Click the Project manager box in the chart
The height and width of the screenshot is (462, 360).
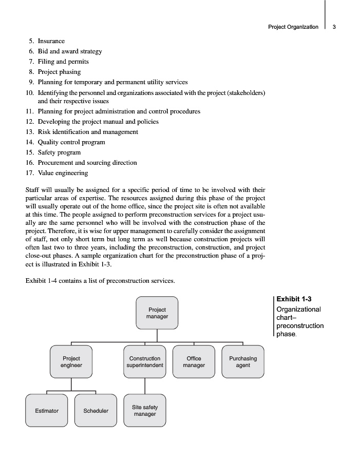157,313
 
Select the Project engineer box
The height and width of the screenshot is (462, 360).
71,362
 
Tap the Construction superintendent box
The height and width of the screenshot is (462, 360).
145,362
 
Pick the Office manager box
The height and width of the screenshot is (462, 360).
194,362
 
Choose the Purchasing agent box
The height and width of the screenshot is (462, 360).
243,362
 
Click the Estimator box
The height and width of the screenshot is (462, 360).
46,411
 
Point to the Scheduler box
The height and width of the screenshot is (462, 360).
96,411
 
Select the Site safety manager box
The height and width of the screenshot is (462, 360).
145,411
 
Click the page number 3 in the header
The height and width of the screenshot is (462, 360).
334,27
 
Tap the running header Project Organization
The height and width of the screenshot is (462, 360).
293,27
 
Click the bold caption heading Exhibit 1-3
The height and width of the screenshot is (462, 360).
294,299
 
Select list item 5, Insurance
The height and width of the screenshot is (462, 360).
51,41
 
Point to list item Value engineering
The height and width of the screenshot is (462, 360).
63,173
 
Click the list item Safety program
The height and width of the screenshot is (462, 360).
59,152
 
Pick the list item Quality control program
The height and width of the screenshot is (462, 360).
71,142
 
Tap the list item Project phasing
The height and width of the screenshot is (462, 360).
59,72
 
